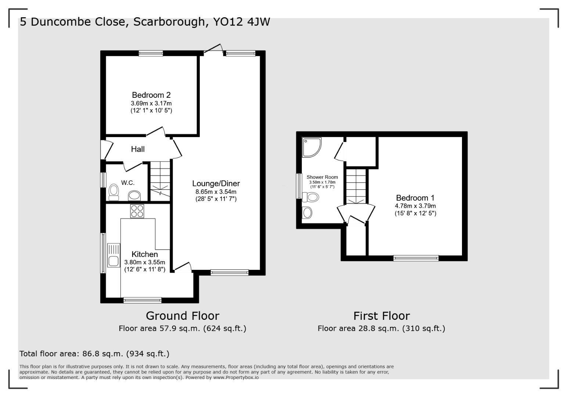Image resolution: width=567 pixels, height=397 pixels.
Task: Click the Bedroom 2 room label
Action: pos(151,95)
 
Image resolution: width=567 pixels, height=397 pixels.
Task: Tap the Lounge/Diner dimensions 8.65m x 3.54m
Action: pos(216,192)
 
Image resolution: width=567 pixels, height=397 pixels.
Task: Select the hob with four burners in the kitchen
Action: pos(137,211)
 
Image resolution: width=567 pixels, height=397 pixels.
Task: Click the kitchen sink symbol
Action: pos(113,255)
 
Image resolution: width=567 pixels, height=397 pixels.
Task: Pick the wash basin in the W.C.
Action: pos(135,195)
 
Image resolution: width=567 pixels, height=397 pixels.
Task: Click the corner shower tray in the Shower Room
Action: pos(311,147)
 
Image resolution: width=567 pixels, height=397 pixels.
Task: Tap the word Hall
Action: pos(138,149)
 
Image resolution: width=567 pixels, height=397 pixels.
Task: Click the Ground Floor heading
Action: pos(183,316)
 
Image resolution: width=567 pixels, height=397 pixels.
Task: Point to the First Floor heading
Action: pos(381,316)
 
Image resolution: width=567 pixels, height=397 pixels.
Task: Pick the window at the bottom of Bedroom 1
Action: pos(416,258)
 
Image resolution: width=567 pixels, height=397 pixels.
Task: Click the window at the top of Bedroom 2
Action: pos(151,54)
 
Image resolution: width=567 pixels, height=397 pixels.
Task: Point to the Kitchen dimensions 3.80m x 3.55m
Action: pos(145,262)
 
